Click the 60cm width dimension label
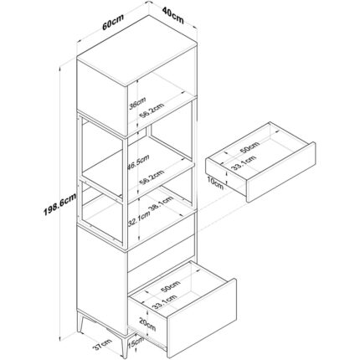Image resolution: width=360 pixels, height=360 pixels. click(x=113, y=22)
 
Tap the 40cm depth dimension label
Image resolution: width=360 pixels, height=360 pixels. click(x=173, y=16)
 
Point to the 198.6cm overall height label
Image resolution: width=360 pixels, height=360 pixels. click(x=60, y=205)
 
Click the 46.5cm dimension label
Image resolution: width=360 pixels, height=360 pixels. click(x=138, y=162)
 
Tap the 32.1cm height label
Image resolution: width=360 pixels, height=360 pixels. click(x=139, y=219)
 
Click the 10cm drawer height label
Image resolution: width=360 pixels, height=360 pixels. click(x=215, y=183)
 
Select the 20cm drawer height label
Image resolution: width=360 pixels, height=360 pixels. click(x=147, y=325)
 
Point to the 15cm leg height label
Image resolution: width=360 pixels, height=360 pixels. click(x=136, y=342)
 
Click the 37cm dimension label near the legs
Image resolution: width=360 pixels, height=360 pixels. click(x=102, y=344)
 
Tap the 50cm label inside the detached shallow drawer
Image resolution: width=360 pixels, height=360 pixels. click(x=249, y=147)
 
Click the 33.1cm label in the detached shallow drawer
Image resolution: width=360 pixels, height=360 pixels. click(x=244, y=162)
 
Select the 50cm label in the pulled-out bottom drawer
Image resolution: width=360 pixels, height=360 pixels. click(x=170, y=286)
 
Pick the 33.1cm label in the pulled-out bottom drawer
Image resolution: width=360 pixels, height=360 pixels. click(x=165, y=301)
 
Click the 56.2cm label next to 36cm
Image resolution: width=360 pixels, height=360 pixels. click(x=152, y=111)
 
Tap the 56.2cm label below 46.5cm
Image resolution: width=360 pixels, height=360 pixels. click(x=152, y=177)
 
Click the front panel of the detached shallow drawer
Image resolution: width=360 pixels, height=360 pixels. click(x=281, y=172)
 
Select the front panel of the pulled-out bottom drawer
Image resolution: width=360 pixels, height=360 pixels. click(x=202, y=318)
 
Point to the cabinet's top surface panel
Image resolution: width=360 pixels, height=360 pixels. click(x=137, y=51)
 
